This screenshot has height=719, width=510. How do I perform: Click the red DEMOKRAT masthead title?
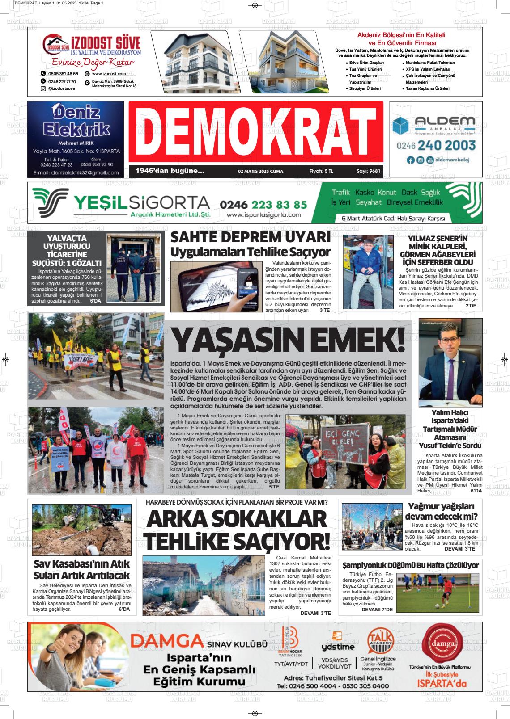pos(255,132)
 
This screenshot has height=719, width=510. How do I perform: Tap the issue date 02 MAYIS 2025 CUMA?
pos(260,171)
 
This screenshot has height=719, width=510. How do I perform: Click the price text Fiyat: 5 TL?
pos(321,171)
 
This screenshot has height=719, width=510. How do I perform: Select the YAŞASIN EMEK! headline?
pos(289,341)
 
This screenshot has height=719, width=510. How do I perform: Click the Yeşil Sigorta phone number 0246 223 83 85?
pos(263,204)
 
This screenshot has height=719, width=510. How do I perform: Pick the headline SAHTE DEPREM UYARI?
pos(251,237)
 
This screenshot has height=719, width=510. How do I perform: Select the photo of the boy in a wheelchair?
pos(368,272)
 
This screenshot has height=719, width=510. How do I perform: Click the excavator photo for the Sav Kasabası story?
pos(81,530)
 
